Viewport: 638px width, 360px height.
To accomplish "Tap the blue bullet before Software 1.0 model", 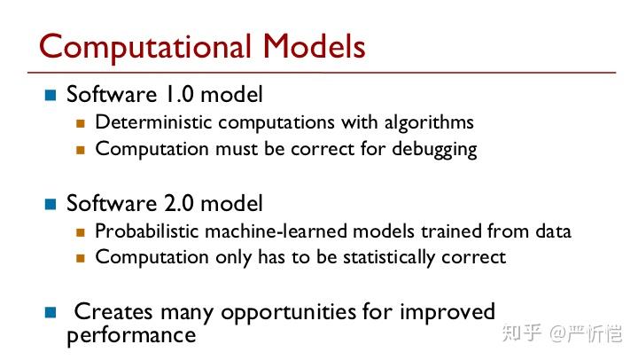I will pos(51,95).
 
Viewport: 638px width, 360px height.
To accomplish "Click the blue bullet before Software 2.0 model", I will pos(51,204).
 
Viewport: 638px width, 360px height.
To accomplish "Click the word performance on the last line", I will pos(131,335).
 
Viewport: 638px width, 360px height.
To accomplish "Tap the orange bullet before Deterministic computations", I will pos(80,123).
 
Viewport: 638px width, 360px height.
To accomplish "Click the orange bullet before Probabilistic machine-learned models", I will pos(80,232).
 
